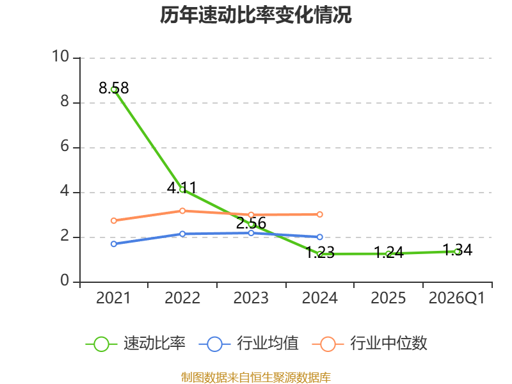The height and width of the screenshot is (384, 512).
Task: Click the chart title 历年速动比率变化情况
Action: (x=255, y=15)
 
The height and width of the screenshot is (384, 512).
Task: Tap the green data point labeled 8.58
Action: (x=114, y=90)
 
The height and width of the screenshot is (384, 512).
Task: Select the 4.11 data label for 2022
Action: (x=182, y=188)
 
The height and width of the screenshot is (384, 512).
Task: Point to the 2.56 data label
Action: (x=251, y=223)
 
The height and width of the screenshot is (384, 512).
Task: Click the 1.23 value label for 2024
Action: (x=320, y=252)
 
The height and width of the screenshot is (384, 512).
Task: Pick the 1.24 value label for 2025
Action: (x=388, y=252)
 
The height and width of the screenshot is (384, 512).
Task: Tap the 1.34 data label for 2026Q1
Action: (x=458, y=250)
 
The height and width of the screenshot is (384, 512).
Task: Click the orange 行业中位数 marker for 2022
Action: (x=182, y=211)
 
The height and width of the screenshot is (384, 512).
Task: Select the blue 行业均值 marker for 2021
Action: (x=114, y=244)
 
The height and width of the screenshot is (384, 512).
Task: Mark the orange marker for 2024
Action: (x=320, y=214)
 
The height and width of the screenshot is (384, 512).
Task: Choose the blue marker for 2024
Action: (x=320, y=237)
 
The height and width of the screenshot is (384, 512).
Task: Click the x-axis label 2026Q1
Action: (x=457, y=298)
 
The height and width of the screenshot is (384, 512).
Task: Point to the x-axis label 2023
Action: (x=251, y=298)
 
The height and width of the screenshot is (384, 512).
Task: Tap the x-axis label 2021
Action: (x=113, y=298)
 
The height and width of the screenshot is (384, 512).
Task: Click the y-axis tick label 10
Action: (x=61, y=56)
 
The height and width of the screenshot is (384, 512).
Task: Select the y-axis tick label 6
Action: (x=65, y=146)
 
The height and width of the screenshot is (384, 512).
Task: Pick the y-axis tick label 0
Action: (x=65, y=280)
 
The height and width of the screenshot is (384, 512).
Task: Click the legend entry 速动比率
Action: (x=136, y=344)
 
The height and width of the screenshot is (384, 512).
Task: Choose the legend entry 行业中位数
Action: (x=369, y=344)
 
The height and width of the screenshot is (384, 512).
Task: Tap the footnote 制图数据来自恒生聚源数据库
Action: (x=256, y=378)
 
